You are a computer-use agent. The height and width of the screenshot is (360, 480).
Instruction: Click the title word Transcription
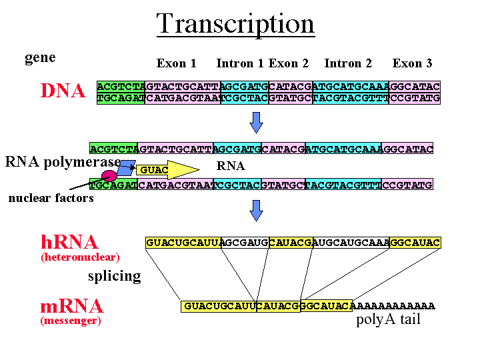point(235,24)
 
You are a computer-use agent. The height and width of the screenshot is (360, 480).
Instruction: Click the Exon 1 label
point(176,63)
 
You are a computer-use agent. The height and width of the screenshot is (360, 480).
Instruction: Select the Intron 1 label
point(240,63)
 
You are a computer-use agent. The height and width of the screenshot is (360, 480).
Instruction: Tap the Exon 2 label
point(289,63)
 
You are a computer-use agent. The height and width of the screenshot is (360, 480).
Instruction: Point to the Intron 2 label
point(348,63)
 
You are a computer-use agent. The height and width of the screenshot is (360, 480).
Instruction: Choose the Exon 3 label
point(413,63)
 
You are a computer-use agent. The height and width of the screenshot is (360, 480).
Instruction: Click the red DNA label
point(63,91)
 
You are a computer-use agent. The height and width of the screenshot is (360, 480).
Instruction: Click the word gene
point(40,57)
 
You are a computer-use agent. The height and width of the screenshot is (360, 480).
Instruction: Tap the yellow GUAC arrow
point(168,169)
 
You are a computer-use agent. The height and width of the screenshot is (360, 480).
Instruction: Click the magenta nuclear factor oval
point(109,176)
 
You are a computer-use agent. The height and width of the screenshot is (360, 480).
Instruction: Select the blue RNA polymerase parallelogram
point(126,168)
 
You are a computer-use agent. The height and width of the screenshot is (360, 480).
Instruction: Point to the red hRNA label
point(69,242)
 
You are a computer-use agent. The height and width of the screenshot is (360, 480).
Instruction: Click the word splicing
point(115,276)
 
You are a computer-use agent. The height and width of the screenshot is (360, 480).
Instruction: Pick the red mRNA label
point(72,306)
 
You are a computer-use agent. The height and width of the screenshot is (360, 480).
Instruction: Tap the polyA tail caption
point(388,319)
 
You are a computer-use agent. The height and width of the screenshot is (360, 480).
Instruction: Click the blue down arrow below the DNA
point(256,123)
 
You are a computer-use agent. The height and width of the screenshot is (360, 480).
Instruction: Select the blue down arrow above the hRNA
point(256,211)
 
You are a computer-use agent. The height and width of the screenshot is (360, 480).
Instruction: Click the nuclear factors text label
point(51,198)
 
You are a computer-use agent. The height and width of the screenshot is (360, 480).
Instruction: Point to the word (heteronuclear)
point(80,257)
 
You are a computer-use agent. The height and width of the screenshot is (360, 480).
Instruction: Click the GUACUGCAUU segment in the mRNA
point(219,306)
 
